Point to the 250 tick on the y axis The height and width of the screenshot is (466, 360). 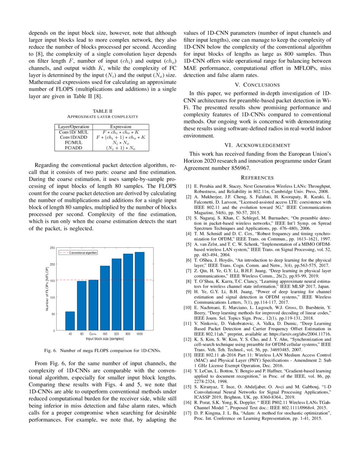[x=52, y=248]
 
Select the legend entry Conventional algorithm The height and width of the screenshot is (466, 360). [x=83, y=252]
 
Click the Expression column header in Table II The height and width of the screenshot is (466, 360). [x=121, y=127]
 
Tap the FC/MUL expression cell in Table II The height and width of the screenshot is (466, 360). [x=121, y=143]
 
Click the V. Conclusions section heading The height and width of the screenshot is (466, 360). [x=258, y=85]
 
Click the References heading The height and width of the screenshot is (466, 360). [x=258, y=178]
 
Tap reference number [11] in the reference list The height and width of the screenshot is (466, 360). [x=188, y=323]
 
